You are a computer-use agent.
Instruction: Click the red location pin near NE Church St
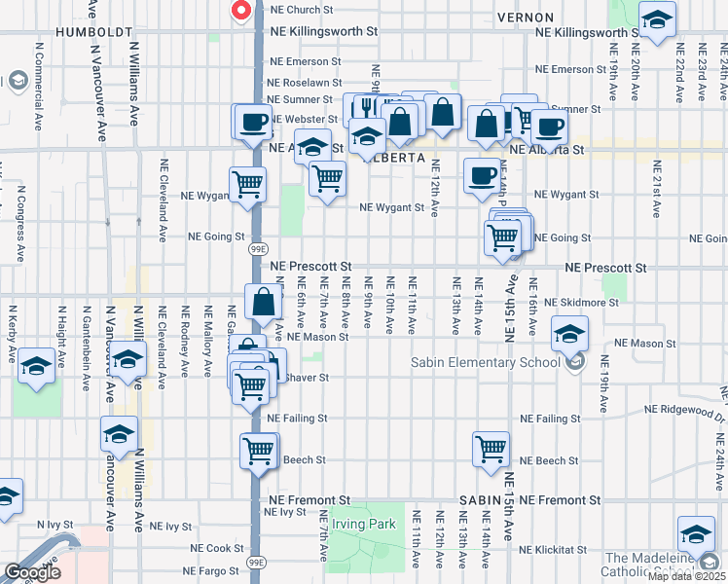click(x=240, y=11)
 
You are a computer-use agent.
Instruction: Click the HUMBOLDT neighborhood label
click(x=94, y=32)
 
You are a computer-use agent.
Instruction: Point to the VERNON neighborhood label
click(x=525, y=18)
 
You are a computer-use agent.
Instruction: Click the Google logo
click(x=32, y=572)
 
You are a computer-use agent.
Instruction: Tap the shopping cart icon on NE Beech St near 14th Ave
click(x=491, y=449)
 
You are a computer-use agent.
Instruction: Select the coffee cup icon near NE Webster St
click(x=253, y=122)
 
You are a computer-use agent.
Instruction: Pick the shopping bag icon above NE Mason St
click(x=264, y=301)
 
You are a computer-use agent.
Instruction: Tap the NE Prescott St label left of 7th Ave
click(x=309, y=266)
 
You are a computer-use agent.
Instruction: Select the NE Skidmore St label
click(x=581, y=303)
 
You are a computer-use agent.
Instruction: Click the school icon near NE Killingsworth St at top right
click(x=658, y=18)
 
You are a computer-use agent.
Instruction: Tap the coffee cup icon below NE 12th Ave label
click(x=482, y=175)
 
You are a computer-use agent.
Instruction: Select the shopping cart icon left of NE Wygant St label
click(x=328, y=178)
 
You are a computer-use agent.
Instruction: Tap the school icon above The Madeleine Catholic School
click(x=696, y=534)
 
